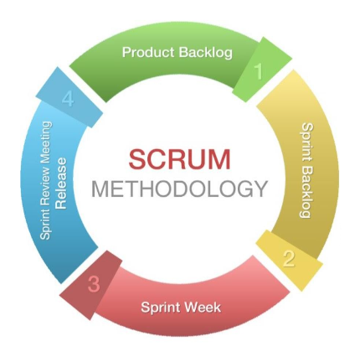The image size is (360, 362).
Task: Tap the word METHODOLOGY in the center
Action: [180, 189]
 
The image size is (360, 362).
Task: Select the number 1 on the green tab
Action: [259, 71]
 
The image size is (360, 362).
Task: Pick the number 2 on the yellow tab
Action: [289, 259]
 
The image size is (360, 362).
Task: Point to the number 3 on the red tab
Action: [94, 284]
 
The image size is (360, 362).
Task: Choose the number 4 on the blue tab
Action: [68, 99]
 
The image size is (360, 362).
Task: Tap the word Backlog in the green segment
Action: [206, 53]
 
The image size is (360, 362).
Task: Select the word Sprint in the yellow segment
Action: [307, 142]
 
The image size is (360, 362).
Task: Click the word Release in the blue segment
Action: [61, 184]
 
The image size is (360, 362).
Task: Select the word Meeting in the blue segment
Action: [46, 144]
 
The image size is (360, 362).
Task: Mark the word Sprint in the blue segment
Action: [45, 224]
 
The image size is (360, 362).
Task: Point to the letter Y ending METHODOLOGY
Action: [260, 189]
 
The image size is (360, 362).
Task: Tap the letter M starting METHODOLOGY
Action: [100, 189]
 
